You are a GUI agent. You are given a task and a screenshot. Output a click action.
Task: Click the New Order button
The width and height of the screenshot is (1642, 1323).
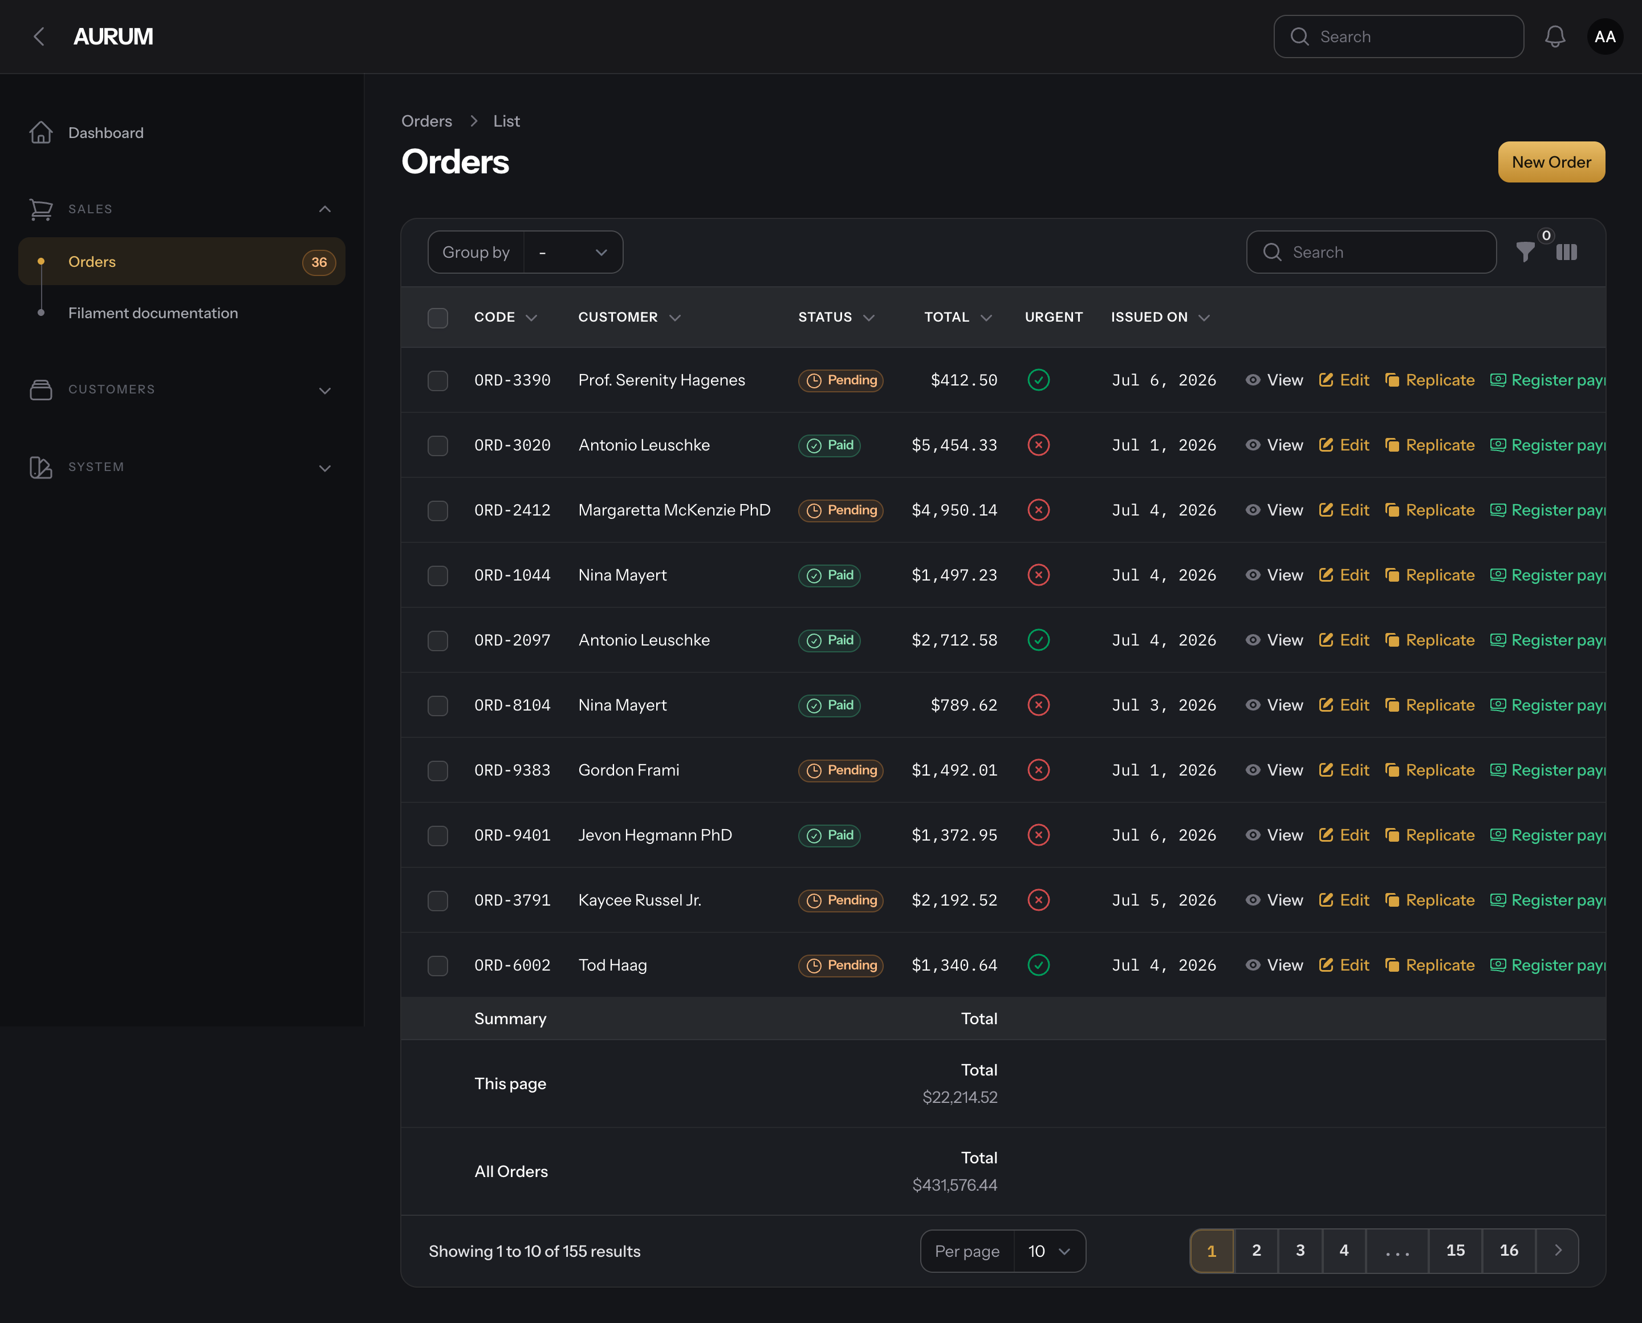pos(1551,161)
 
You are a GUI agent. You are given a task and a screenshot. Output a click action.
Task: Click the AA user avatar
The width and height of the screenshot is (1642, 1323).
pos(1605,36)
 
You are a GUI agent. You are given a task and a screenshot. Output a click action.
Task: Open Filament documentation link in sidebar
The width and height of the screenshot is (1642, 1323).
pos(153,313)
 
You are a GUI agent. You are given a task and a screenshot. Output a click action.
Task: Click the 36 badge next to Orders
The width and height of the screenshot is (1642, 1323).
pos(319,262)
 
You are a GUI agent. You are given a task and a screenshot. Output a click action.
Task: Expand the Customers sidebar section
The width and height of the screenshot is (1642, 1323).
pos(324,390)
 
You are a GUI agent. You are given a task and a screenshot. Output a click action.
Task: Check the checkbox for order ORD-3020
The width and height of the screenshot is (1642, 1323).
pos(437,445)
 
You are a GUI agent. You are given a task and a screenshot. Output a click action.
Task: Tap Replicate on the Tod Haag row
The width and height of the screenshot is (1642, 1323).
pos(1429,965)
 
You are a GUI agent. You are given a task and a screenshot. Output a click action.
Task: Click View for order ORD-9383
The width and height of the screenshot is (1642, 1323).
pos(1274,770)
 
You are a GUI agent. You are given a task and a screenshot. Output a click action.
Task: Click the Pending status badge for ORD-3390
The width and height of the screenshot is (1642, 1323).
pos(840,380)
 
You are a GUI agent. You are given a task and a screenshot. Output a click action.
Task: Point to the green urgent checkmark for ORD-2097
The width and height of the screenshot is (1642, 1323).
pos(1039,640)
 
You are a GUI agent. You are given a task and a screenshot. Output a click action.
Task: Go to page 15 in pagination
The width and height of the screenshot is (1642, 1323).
pos(1456,1251)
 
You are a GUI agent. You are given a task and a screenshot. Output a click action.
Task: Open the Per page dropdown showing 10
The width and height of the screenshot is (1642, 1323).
pos(1049,1251)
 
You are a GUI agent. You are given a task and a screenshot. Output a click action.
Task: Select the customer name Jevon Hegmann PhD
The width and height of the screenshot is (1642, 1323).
pos(655,835)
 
